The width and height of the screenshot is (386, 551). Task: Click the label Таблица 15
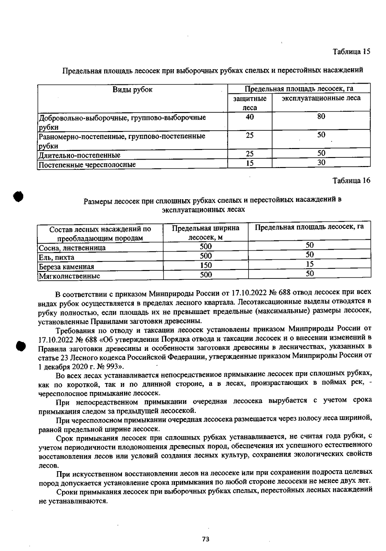351,51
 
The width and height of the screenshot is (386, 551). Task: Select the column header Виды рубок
132,89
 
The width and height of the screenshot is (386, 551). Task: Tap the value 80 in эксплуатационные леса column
321,117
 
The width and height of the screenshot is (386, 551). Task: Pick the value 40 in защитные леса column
250,117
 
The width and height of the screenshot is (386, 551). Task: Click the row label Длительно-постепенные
79,155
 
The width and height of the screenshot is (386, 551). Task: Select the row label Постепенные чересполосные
87,165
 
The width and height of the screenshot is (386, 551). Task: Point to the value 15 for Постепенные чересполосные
250,163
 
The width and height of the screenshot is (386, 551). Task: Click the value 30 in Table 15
321,163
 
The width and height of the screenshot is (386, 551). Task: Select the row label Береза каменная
66,266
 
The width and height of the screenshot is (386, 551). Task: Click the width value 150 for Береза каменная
206,265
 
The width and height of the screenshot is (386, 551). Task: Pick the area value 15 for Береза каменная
309,264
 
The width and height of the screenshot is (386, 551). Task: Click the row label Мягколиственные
69,276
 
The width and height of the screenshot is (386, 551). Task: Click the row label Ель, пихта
57,257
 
